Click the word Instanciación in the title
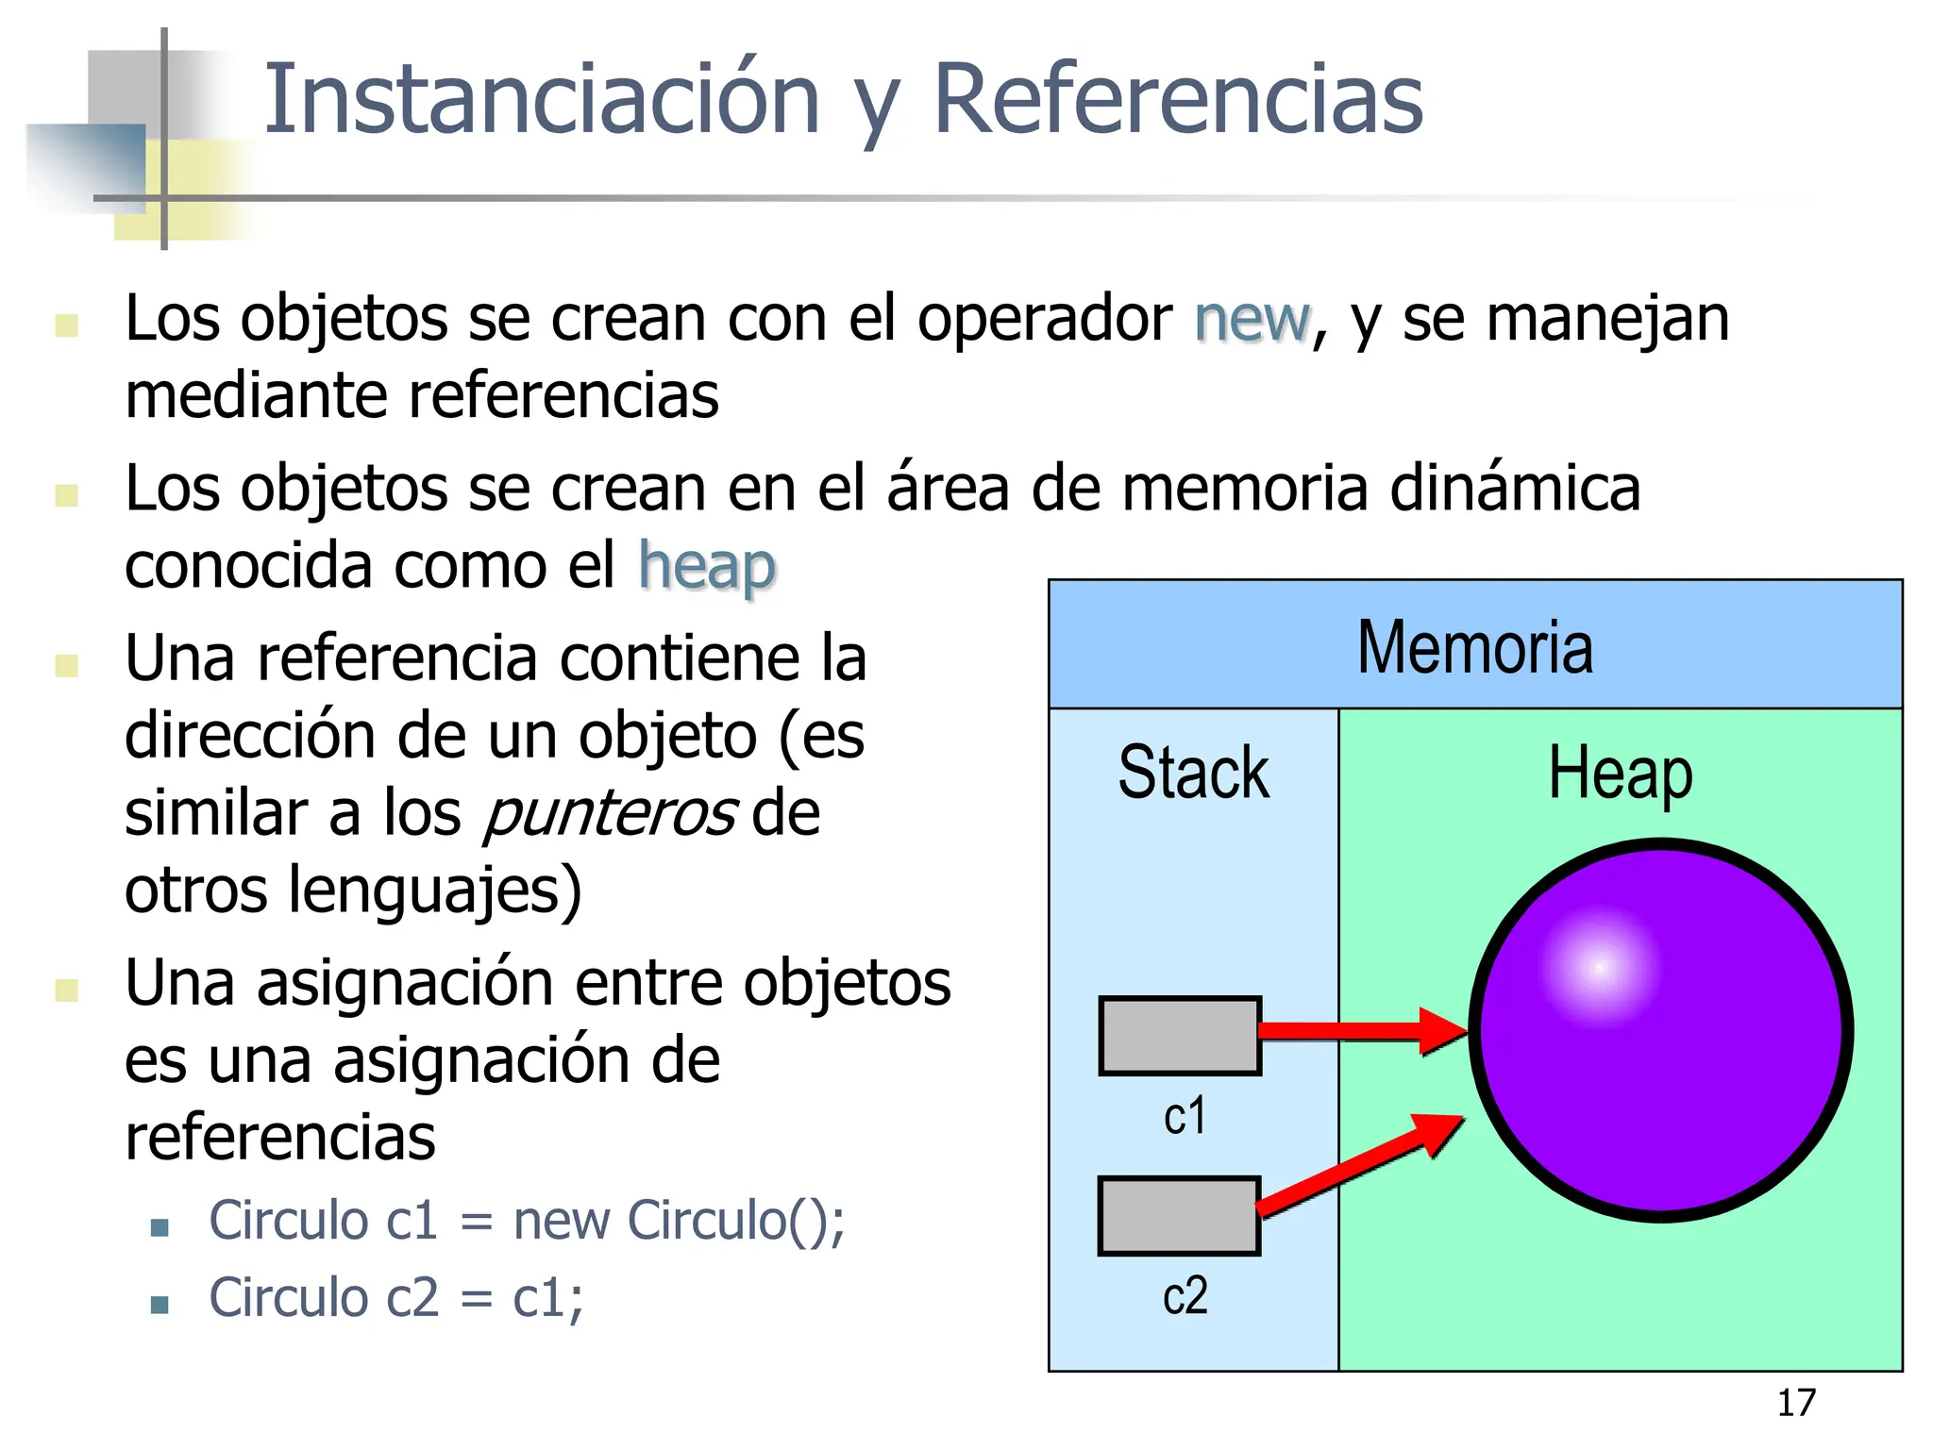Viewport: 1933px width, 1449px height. (x=542, y=99)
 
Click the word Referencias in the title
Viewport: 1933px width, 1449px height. (x=1177, y=99)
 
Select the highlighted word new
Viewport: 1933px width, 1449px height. (x=1252, y=319)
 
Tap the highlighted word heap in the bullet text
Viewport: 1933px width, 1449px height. (x=707, y=567)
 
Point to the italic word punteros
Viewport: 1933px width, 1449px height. (x=610, y=813)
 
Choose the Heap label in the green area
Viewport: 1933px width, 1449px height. (x=1620, y=774)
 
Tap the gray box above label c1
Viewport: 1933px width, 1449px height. (x=1180, y=1035)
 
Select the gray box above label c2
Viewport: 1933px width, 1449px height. (x=1179, y=1215)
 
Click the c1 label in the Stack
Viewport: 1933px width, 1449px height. (x=1185, y=1116)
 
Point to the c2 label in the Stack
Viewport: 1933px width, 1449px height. (x=1185, y=1295)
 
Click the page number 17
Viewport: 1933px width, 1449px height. (x=1795, y=1403)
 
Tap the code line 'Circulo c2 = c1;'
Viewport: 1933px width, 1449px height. (x=396, y=1298)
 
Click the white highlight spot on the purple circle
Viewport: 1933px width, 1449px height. (x=1599, y=967)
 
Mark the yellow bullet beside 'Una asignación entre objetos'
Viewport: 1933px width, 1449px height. (x=66, y=989)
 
